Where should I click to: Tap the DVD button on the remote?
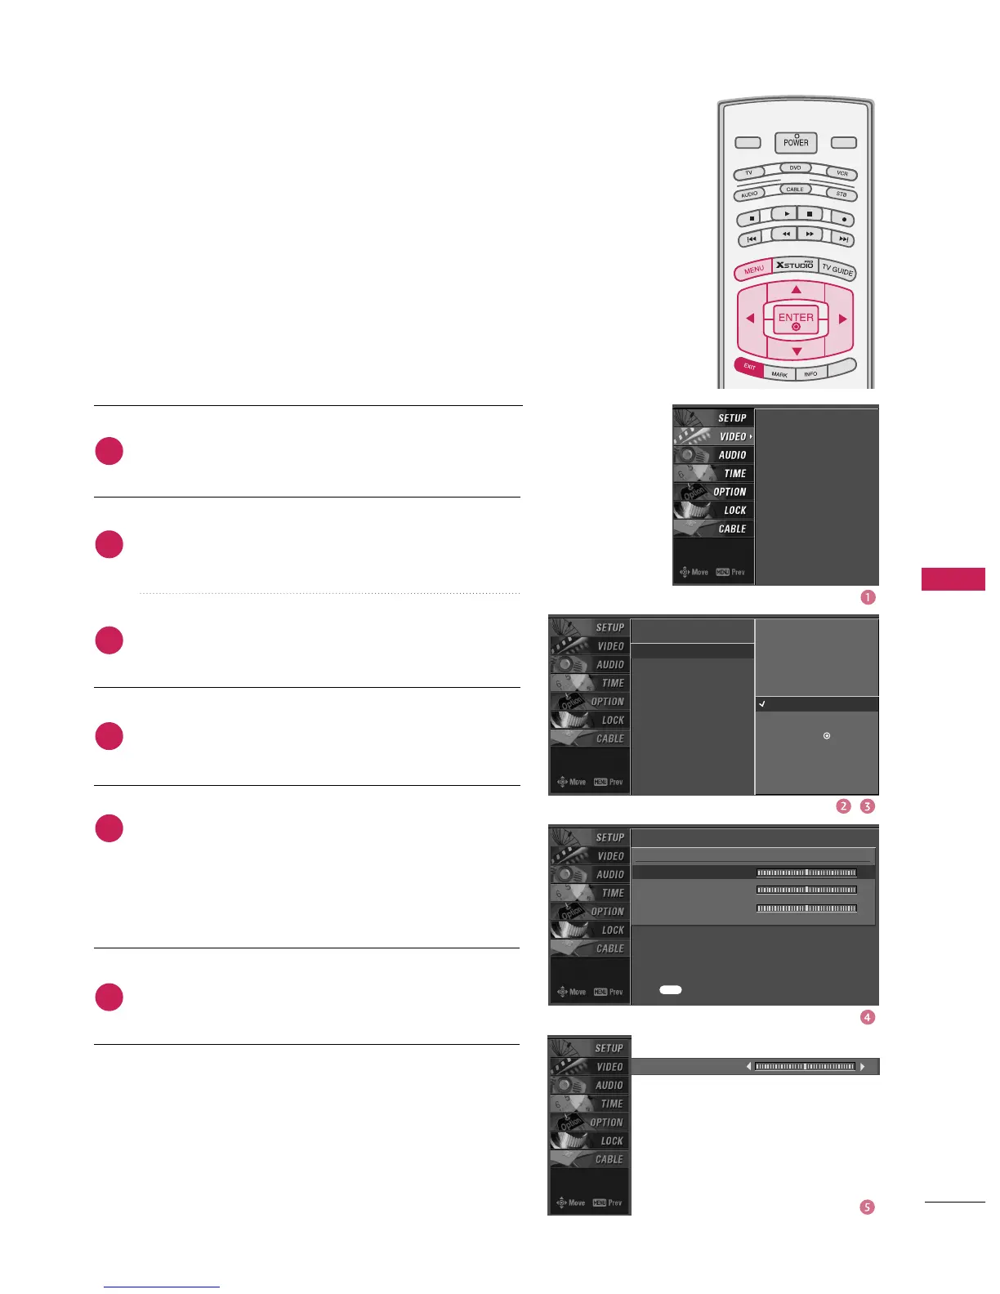[795, 167]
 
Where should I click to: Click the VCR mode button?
[842, 173]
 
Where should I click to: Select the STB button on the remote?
[841, 194]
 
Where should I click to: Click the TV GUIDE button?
[837, 270]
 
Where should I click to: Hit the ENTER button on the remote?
[796, 319]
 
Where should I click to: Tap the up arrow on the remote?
[796, 289]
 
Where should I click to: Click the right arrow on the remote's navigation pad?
[842, 319]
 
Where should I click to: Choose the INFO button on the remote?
[810, 373]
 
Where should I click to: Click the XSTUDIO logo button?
[795, 265]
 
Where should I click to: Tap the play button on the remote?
[786, 214]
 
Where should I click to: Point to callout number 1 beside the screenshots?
[868, 597]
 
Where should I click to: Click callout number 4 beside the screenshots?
[868, 1017]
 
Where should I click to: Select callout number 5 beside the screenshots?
[868, 1207]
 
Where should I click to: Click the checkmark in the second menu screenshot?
[761, 703]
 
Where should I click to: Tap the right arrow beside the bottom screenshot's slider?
[863, 1066]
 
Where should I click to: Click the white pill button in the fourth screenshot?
[670, 989]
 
